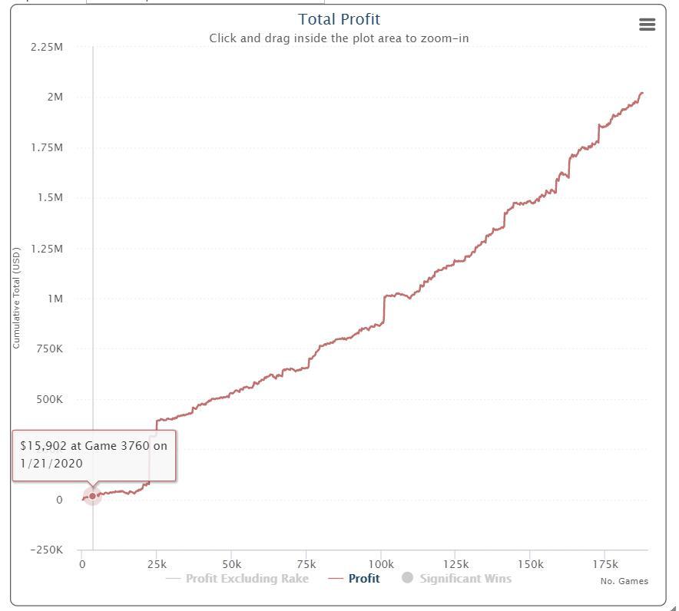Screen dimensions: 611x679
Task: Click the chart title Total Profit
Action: pyautogui.click(x=339, y=19)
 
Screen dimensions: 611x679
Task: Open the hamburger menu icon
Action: pyautogui.click(x=647, y=25)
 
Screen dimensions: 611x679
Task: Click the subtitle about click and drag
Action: pyautogui.click(x=339, y=38)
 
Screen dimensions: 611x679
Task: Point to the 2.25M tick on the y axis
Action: pyautogui.click(x=47, y=48)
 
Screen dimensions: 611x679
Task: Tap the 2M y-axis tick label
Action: pyautogui.click(x=55, y=97)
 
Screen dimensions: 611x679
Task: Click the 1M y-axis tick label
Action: pyautogui.click(x=55, y=299)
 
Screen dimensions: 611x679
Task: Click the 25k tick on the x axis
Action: pyautogui.click(x=157, y=564)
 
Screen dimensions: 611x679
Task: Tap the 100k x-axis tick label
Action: pyautogui.click(x=381, y=564)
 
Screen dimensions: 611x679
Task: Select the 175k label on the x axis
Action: pyautogui.click(x=605, y=564)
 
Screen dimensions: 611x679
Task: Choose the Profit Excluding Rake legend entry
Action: pyautogui.click(x=247, y=579)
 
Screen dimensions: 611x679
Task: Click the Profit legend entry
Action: pyautogui.click(x=363, y=579)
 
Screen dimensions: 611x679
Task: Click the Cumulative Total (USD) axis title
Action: pyautogui.click(x=16, y=298)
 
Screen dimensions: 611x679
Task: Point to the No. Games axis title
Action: pyautogui.click(x=624, y=581)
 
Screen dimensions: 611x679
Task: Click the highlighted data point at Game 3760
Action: pyautogui.click(x=93, y=496)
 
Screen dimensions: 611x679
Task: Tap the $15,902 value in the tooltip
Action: pyautogui.click(x=44, y=445)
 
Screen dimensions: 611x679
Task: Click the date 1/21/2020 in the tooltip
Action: pyautogui.click(x=51, y=464)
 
